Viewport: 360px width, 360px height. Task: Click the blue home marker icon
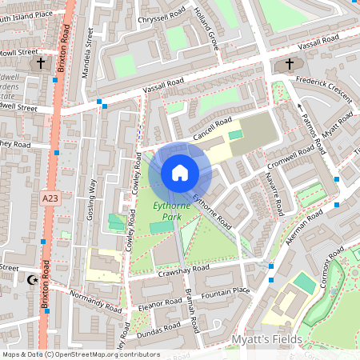coord(180,173)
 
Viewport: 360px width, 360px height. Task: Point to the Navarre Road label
coord(274,195)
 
